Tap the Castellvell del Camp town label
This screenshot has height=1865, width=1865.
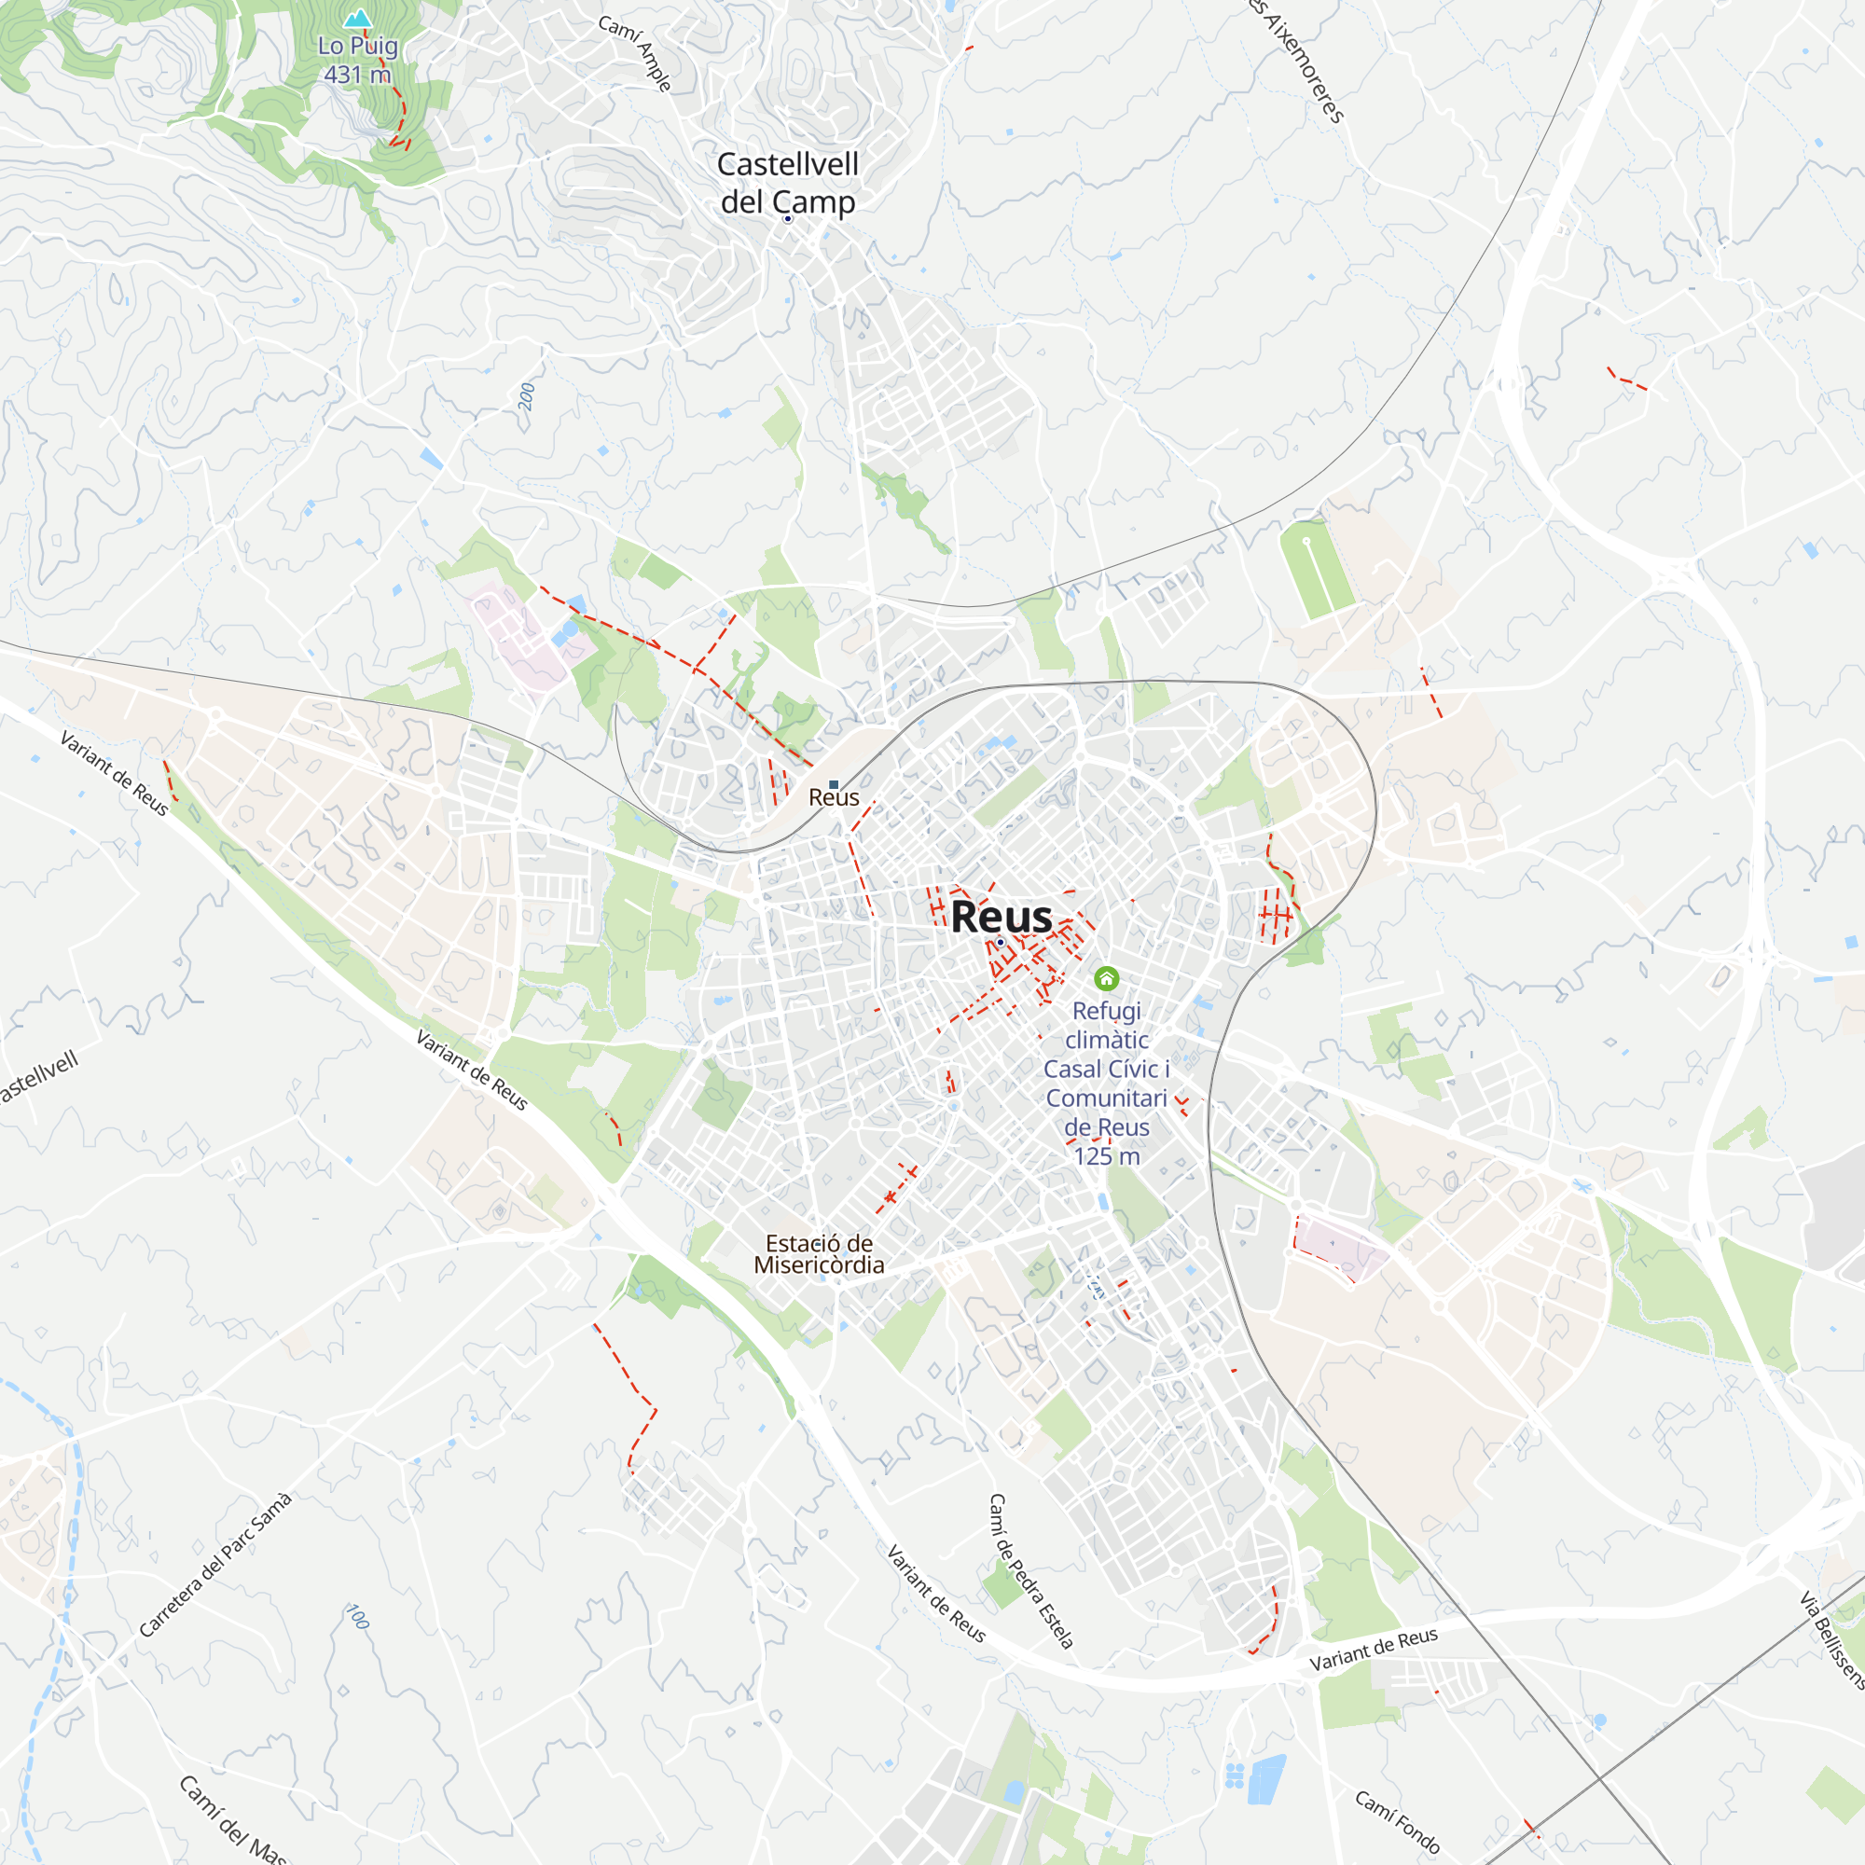(x=788, y=183)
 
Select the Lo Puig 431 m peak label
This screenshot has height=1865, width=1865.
(x=357, y=60)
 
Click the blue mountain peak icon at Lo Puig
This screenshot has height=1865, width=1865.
(x=358, y=19)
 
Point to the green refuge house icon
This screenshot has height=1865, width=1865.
(x=1106, y=979)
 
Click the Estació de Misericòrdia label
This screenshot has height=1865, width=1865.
(x=819, y=1254)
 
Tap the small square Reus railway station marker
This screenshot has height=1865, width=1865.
(x=834, y=785)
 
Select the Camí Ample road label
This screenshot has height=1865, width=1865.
(x=634, y=53)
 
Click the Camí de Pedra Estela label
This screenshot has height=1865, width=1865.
(x=1031, y=1570)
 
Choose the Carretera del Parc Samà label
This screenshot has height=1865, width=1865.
(x=214, y=1565)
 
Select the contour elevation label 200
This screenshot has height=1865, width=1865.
(x=526, y=396)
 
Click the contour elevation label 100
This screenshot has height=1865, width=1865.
(x=358, y=1617)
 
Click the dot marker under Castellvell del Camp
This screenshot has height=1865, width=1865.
(x=788, y=219)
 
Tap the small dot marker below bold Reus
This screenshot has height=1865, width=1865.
(x=1001, y=942)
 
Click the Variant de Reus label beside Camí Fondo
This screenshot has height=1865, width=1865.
(x=1373, y=1650)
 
